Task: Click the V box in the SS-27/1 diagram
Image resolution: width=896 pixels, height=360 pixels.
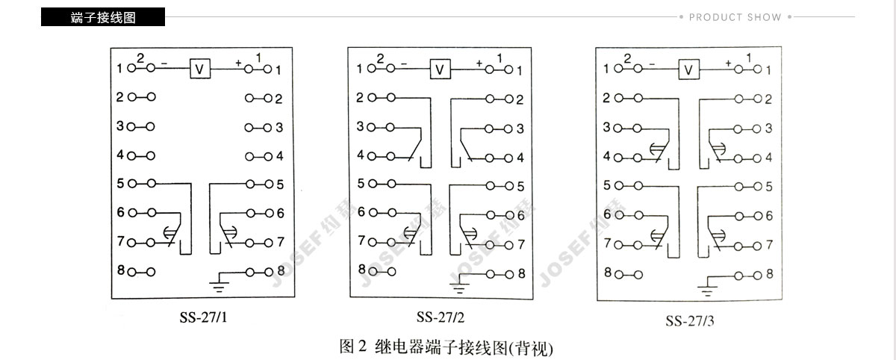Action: point(199,69)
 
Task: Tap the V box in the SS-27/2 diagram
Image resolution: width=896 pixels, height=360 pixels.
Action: point(440,69)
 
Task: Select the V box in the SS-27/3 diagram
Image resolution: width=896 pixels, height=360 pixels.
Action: point(688,69)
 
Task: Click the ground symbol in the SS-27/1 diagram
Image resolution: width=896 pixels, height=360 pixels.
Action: point(219,284)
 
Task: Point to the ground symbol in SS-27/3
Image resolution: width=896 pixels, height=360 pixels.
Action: point(707,288)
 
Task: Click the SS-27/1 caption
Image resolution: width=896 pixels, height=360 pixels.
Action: point(203,317)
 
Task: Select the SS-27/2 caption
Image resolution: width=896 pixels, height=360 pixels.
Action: point(441,317)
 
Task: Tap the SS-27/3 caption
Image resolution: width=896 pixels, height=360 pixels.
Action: point(690,321)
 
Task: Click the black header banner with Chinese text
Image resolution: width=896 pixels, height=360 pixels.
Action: point(103,16)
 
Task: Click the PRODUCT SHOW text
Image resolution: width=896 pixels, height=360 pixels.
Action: point(735,17)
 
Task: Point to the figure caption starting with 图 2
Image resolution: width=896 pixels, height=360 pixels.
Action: point(446,347)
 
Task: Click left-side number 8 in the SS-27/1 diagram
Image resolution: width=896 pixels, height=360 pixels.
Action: point(121,270)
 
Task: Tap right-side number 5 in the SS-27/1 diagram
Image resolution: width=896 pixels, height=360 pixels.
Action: point(280,184)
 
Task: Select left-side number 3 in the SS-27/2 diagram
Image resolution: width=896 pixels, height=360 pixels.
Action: point(361,126)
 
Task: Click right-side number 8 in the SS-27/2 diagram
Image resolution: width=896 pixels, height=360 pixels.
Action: point(522,273)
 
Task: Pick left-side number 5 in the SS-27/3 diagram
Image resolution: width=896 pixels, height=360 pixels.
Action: point(607,185)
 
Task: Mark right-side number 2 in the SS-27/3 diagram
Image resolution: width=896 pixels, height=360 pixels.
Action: point(768,99)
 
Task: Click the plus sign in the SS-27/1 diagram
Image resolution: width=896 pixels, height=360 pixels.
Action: point(238,63)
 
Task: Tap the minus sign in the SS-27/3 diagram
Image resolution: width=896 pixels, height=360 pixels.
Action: point(653,64)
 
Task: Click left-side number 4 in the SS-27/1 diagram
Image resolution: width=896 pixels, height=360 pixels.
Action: point(120,155)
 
